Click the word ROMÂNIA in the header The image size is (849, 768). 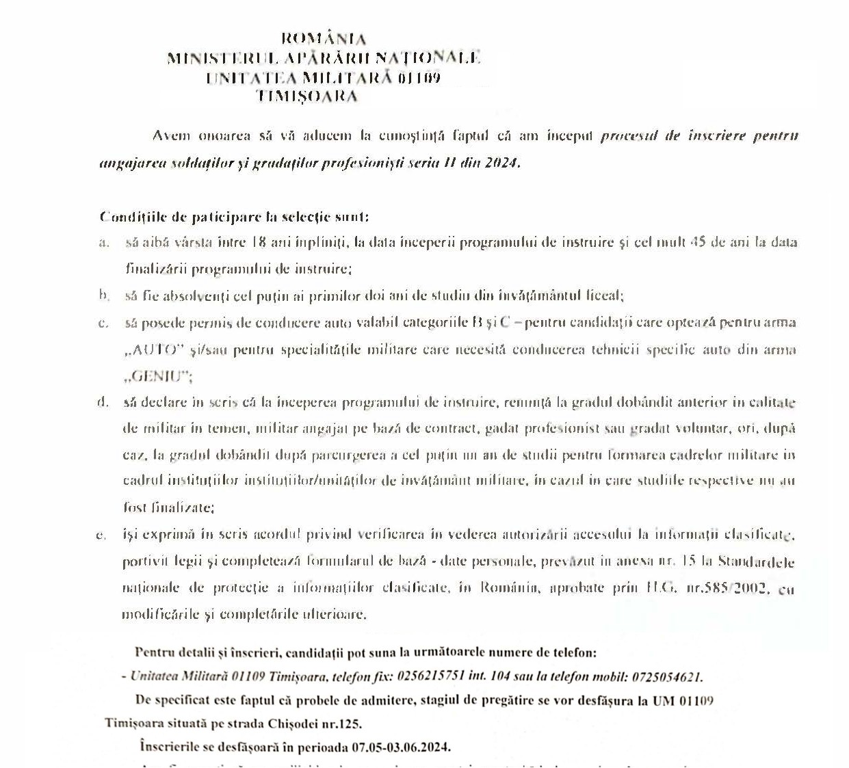click(324, 39)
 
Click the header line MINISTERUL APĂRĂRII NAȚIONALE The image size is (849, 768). click(324, 58)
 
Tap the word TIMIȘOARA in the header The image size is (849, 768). click(307, 96)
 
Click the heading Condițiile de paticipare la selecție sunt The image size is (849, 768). click(234, 217)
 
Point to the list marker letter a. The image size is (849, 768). click(104, 242)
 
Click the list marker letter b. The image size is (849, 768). click(104, 295)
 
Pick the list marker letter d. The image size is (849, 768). click(103, 402)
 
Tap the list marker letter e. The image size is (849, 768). click(101, 535)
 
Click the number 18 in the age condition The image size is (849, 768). click(259, 242)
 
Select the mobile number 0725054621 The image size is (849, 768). click(666, 677)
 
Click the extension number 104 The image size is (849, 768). click(500, 677)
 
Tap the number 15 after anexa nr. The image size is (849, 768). click(689, 561)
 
